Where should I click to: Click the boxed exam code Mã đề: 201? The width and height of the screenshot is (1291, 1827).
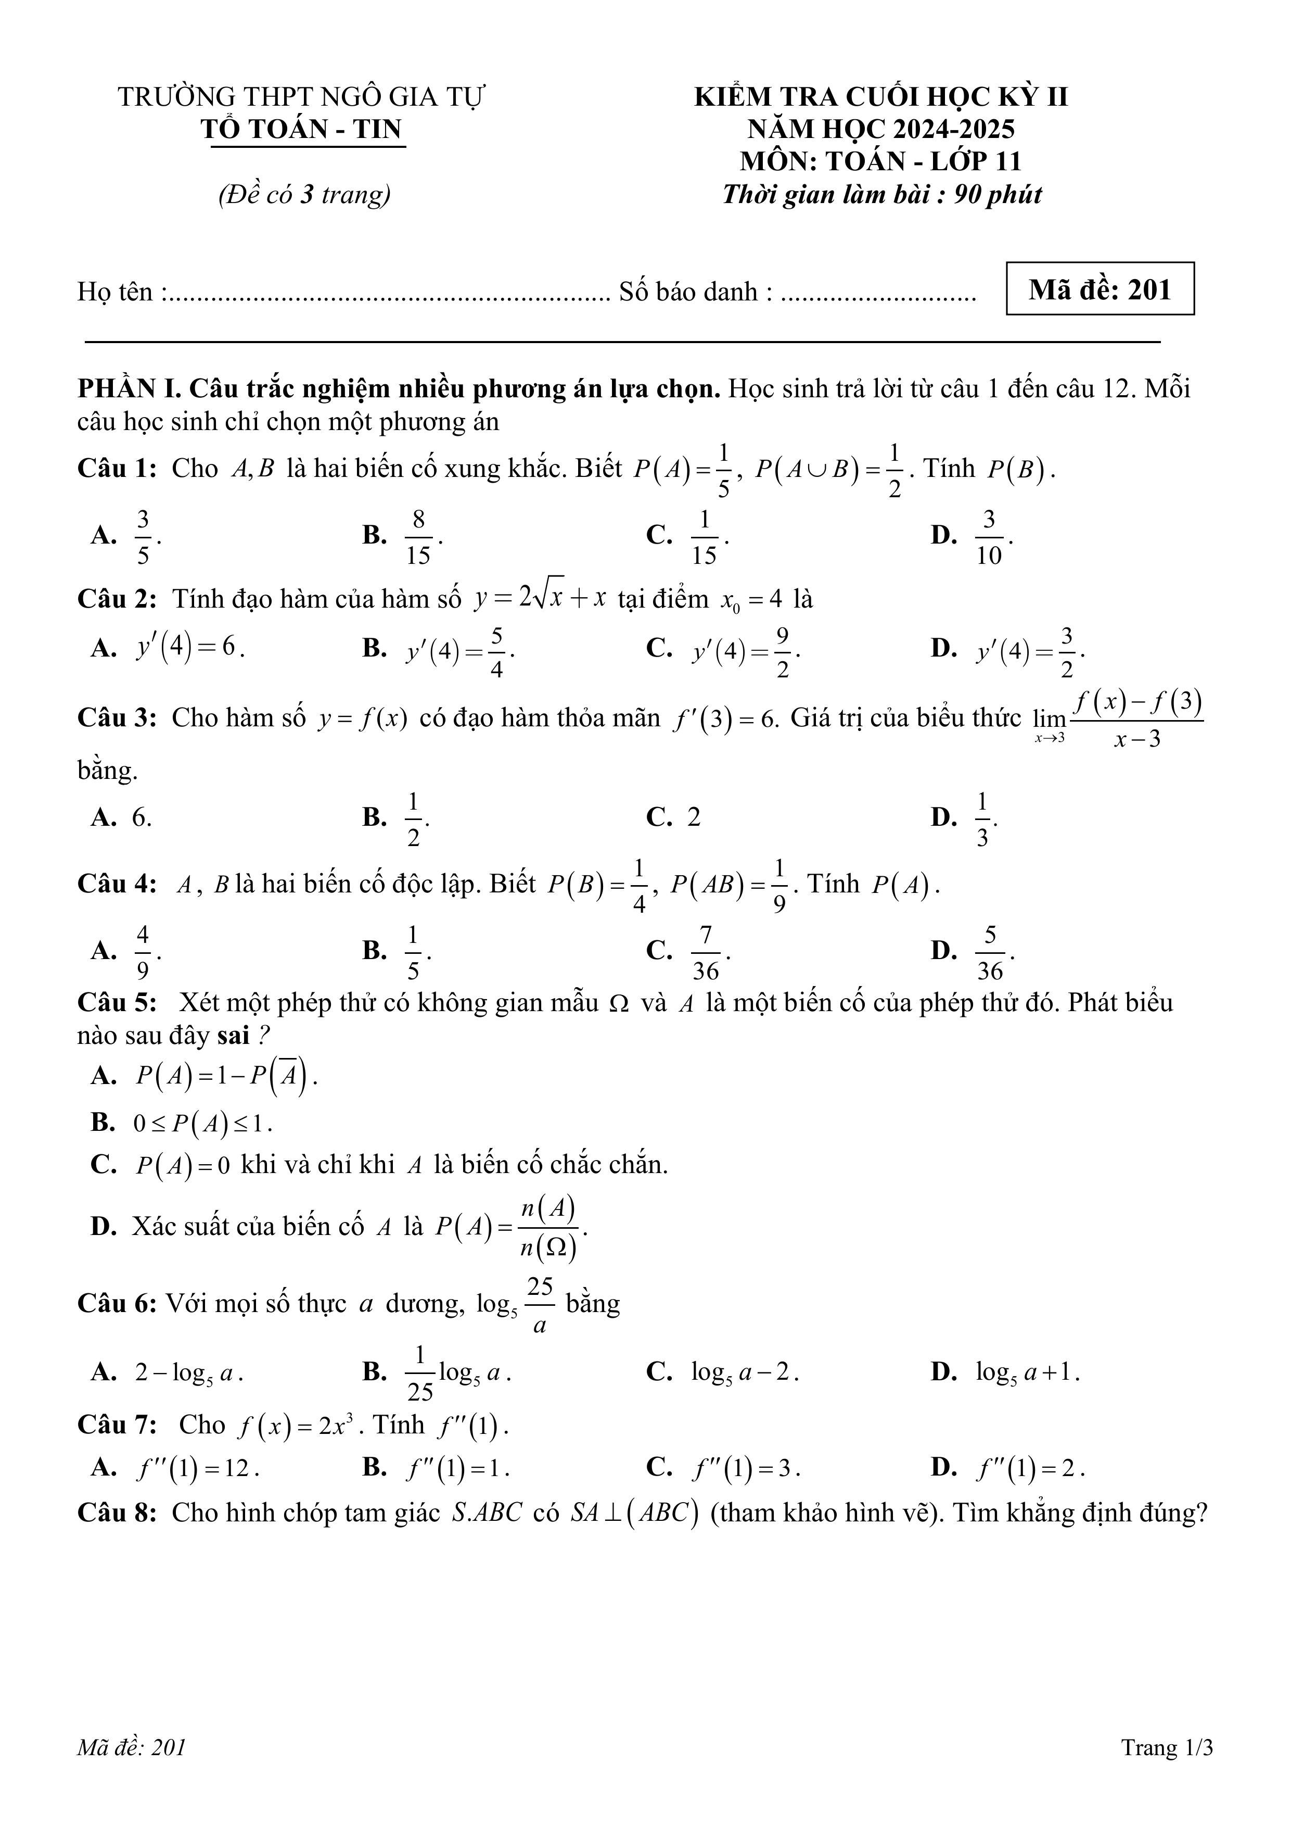[x=1100, y=289]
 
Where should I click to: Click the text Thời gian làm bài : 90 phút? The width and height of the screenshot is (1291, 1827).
[x=881, y=194]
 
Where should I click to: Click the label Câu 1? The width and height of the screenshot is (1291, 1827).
[x=117, y=468]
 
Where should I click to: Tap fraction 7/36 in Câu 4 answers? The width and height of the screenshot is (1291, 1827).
[x=706, y=952]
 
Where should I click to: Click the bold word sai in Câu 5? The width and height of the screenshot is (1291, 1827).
[x=233, y=1035]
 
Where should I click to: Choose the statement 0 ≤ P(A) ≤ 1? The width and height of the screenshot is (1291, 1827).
[x=203, y=1123]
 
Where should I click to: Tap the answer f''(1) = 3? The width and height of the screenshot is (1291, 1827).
[x=745, y=1467]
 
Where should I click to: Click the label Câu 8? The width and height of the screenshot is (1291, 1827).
[x=117, y=1513]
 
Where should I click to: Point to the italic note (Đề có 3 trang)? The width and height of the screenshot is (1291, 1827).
[x=304, y=194]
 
